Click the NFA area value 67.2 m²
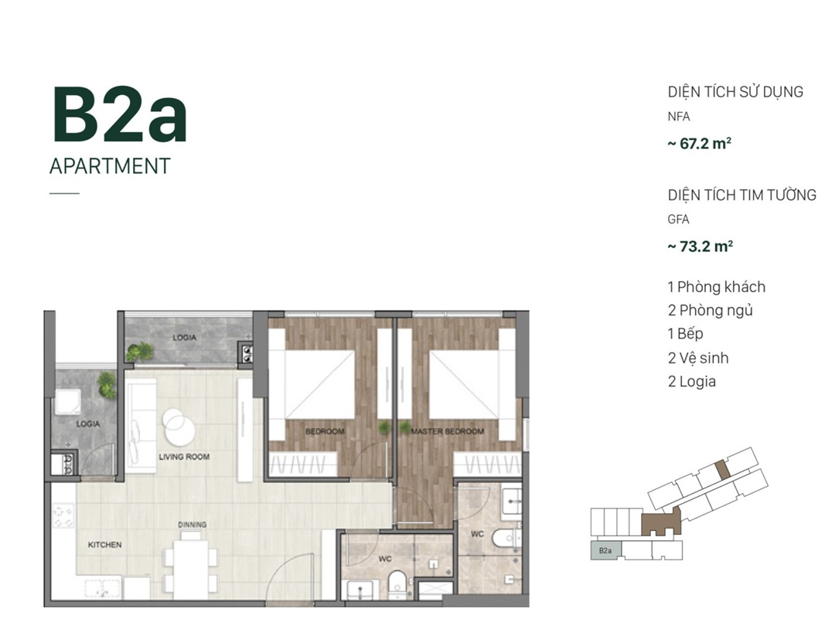click(699, 144)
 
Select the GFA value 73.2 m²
click(700, 247)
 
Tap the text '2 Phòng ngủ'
click(711, 311)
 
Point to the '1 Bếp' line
click(685, 334)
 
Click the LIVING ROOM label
click(184, 457)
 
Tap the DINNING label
click(193, 525)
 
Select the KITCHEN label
click(105, 545)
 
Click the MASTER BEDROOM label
click(448, 431)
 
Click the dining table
click(190, 570)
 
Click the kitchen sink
click(102, 588)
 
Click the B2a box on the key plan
click(605, 550)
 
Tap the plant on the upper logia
click(139, 351)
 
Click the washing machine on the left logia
click(68, 403)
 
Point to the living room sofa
click(141, 425)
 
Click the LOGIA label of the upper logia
click(184, 338)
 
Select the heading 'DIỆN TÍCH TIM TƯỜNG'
click(741, 195)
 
